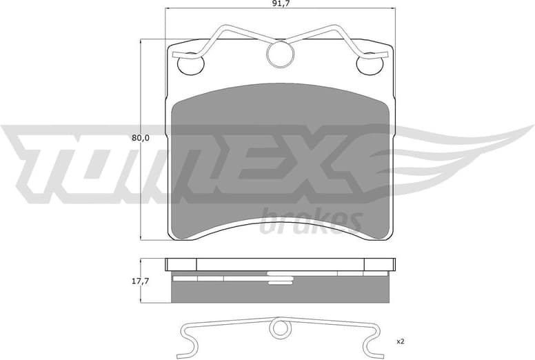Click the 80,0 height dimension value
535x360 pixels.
click(x=141, y=137)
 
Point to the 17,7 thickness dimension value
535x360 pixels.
click(x=141, y=281)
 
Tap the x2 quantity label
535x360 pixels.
click(x=400, y=341)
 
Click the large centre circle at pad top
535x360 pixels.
click(x=279, y=56)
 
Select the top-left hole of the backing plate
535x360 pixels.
click(x=190, y=65)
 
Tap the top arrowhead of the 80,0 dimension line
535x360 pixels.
click(x=141, y=41)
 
